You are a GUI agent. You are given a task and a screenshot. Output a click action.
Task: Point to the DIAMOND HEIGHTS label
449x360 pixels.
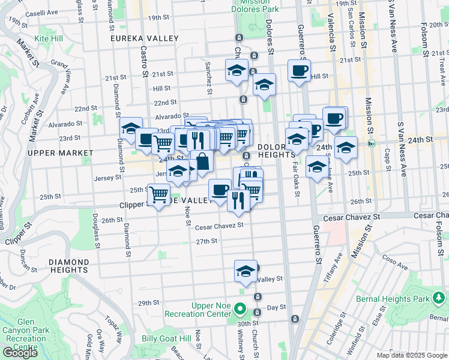[x=68, y=267]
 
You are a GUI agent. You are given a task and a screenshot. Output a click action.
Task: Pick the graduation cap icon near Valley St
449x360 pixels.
[x=246, y=271]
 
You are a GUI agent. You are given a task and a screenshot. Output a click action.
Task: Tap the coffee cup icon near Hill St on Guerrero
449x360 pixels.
[x=298, y=71]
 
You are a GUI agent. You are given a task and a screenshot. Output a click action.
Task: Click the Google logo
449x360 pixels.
[x=20, y=353]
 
